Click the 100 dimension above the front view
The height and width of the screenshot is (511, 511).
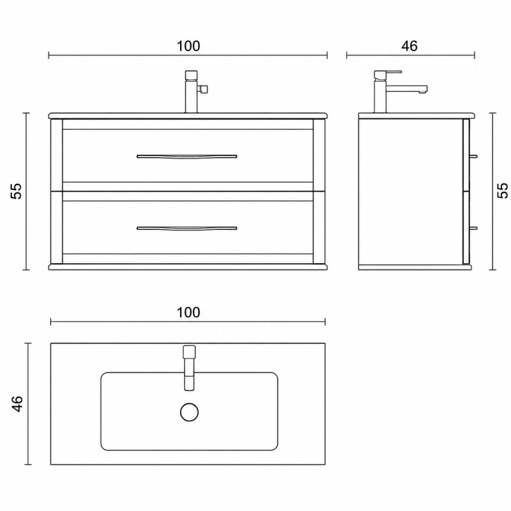[188, 46]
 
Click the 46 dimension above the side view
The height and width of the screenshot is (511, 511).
[409, 46]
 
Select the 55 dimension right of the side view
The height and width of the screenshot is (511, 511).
[502, 190]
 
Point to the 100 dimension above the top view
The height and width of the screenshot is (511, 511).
[188, 312]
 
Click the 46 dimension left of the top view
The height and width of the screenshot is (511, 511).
[17, 404]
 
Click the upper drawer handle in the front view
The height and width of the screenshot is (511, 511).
[187, 156]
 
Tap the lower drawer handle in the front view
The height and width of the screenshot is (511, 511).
[187, 229]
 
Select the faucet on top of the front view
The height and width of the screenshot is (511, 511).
[194, 91]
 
